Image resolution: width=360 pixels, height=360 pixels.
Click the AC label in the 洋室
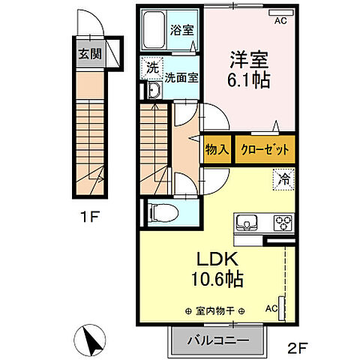(x=281, y=22)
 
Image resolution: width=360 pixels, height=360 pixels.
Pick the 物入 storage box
(x=217, y=148)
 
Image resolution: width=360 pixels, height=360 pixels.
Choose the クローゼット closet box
(x=265, y=148)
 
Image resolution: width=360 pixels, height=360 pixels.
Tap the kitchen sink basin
(x=248, y=223)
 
